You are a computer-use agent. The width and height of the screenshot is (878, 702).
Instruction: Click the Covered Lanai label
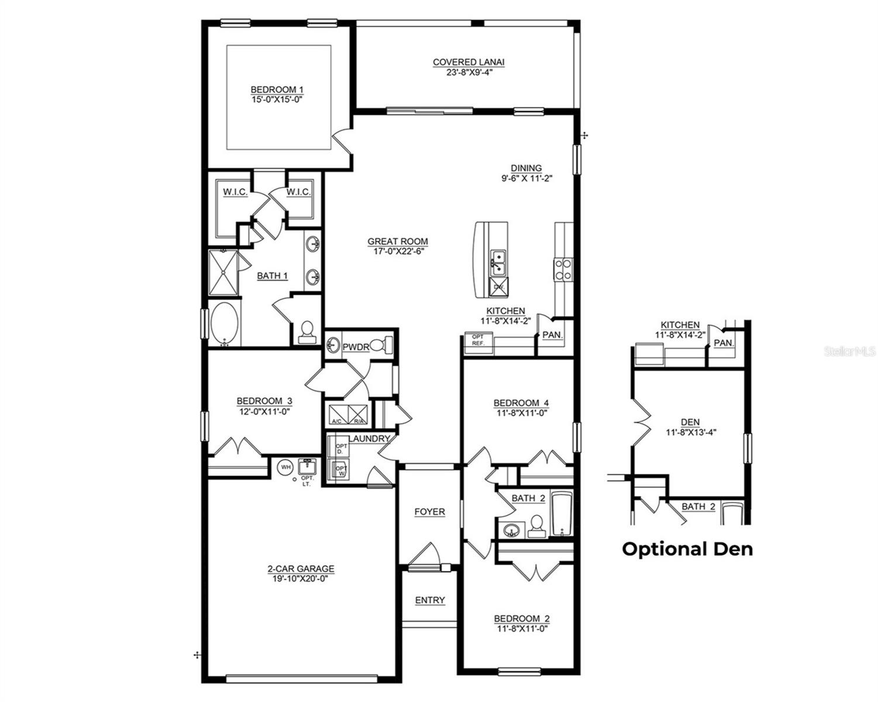click(x=468, y=62)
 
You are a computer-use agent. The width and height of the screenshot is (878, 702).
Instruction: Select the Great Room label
click(x=397, y=241)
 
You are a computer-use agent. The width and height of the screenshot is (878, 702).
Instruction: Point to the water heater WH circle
click(x=285, y=467)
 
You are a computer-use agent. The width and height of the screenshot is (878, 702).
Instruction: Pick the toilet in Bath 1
click(x=306, y=332)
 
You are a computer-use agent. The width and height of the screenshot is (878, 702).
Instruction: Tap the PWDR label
click(x=356, y=347)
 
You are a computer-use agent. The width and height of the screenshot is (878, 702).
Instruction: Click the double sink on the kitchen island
click(x=498, y=262)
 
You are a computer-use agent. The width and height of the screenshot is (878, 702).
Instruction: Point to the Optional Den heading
click(x=687, y=549)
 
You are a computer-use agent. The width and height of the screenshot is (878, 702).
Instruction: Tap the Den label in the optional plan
click(x=690, y=422)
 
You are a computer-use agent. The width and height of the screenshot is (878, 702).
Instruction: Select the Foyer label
click(x=429, y=512)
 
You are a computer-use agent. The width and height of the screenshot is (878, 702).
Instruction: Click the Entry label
click(x=430, y=600)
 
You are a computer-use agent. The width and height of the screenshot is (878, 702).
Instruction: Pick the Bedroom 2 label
click(x=522, y=619)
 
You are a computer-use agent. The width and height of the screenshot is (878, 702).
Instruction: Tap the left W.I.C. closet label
click(x=235, y=192)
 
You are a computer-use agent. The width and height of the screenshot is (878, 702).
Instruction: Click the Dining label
click(x=526, y=168)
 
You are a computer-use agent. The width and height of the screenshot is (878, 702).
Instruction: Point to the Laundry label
click(x=369, y=439)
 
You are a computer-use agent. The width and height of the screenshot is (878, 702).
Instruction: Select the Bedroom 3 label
click(x=264, y=401)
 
